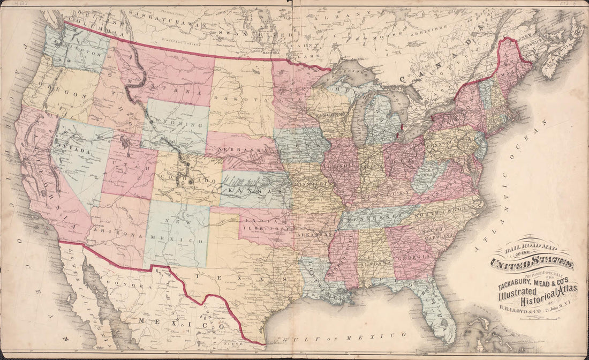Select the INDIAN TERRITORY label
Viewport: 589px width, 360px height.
[x=263, y=224]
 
